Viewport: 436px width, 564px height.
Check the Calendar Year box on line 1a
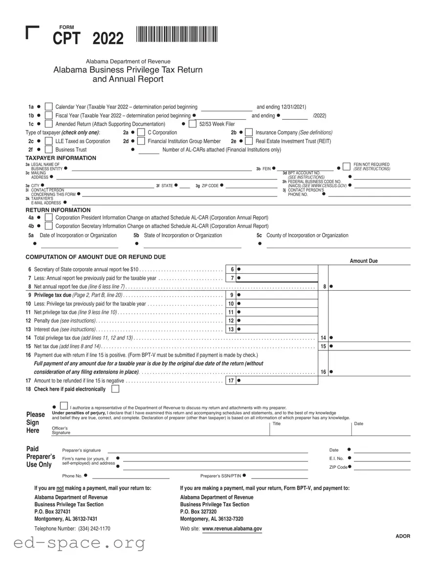48,107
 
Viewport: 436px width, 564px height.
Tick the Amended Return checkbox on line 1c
48,124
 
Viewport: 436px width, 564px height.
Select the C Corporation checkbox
141,132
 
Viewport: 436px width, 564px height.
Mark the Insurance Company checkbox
249,132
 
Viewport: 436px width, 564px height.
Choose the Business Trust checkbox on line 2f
48,150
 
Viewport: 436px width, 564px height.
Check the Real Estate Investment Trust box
249,141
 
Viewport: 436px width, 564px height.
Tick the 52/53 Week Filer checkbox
192,124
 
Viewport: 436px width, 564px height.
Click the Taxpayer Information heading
61,158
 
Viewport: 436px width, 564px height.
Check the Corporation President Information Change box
48,217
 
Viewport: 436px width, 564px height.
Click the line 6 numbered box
231,269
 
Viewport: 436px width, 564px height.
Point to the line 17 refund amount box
276,381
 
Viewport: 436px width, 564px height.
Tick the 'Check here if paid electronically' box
115,389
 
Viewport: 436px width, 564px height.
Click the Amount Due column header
364,261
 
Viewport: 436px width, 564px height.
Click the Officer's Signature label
61,431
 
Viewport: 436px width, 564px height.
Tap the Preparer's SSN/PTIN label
220,476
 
